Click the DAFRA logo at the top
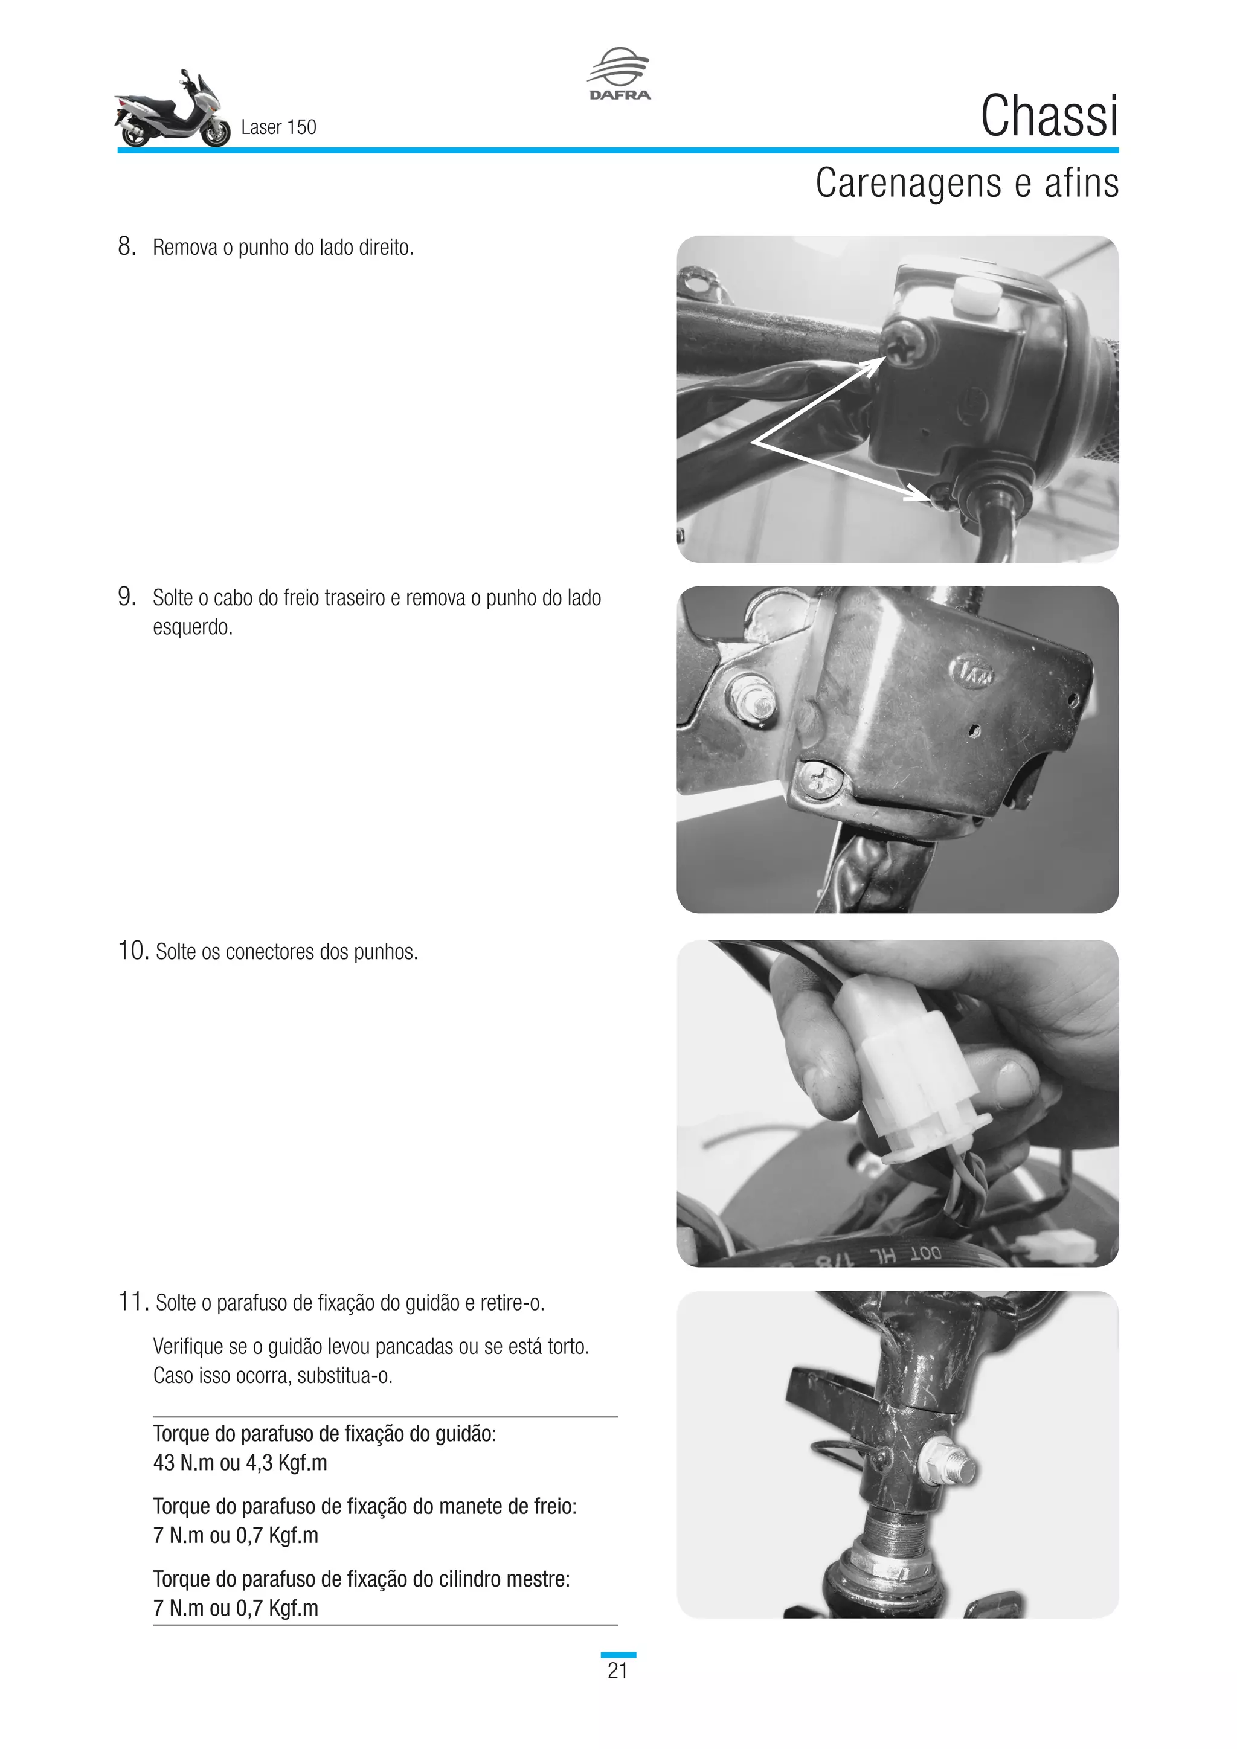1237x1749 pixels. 618,74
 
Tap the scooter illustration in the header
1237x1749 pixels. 172,111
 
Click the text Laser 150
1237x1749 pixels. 278,127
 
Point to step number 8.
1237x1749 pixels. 126,246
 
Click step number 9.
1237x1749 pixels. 126,597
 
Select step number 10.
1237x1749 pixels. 132,950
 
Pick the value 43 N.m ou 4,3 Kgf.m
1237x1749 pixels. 240,1463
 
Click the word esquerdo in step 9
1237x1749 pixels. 192,627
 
